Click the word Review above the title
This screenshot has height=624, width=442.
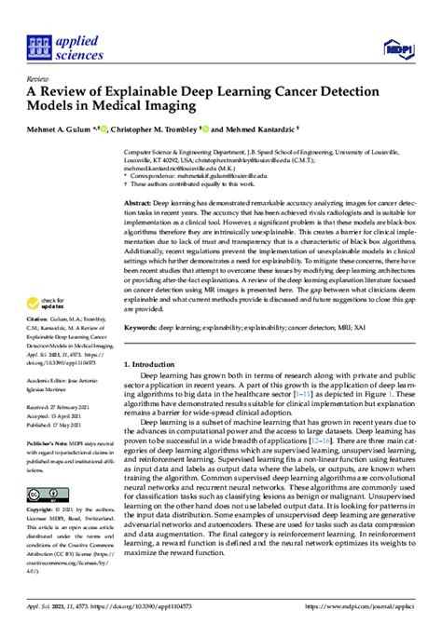tap(39, 80)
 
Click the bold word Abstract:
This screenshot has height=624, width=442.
tap(140, 201)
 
